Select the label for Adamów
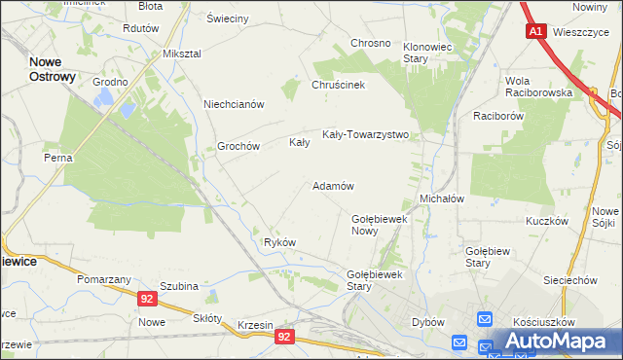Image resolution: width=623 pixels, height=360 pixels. (x=332, y=185)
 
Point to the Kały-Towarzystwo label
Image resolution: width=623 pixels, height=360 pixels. (x=365, y=135)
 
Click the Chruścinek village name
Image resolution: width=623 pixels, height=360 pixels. (x=338, y=85)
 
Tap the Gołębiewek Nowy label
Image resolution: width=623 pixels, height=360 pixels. (x=379, y=225)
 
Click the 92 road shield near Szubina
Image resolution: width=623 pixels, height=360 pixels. (x=146, y=300)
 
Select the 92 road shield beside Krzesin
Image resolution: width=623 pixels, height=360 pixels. (x=283, y=337)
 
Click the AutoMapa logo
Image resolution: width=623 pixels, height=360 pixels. (x=558, y=342)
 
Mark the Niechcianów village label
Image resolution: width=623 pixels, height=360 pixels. (x=235, y=104)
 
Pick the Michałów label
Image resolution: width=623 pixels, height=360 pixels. (x=441, y=198)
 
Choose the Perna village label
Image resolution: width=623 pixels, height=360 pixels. (x=58, y=157)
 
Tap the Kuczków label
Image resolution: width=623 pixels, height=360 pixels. (x=546, y=221)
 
